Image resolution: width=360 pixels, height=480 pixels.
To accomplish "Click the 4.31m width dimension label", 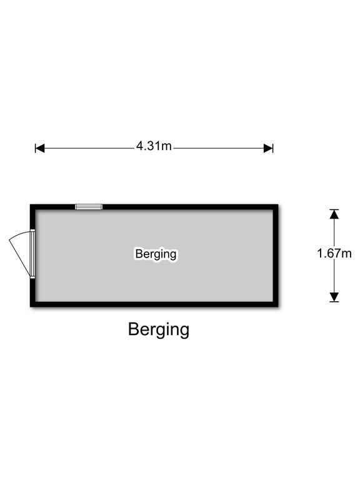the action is click(x=154, y=146).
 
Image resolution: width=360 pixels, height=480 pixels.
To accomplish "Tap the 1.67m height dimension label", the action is click(x=334, y=254).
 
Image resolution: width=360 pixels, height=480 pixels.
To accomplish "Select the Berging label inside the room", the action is click(x=156, y=254).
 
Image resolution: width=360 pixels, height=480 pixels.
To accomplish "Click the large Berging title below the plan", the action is click(x=159, y=330).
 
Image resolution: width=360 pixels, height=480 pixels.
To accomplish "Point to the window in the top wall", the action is click(x=89, y=207).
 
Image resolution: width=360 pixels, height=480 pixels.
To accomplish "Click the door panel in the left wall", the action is click(x=32, y=254).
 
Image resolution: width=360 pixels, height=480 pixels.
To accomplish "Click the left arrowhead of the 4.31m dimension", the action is click(x=40, y=149).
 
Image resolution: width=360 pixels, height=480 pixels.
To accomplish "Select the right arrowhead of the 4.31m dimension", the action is click(x=268, y=149).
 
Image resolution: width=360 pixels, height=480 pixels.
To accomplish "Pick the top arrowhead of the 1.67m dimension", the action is click(x=334, y=214).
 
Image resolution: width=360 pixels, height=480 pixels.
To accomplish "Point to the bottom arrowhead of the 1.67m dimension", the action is click(x=334, y=297).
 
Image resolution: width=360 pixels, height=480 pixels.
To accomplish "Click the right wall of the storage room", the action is click(x=276, y=256).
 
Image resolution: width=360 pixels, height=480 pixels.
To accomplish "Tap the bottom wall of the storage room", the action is click(x=154, y=304).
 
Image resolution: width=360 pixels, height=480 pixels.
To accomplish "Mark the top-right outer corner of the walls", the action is click(x=278, y=204).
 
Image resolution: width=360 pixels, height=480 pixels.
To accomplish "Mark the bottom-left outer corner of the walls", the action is click(x=30, y=307).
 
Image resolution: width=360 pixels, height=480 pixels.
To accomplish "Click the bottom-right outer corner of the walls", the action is click(x=278, y=307).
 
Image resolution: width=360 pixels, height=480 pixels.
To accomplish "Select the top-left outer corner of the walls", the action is click(x=30, y=204).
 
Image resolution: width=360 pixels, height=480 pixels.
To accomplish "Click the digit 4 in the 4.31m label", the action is click(x=140, y=146).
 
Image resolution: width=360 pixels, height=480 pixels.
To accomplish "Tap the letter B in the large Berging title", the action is click(x=134, y=329).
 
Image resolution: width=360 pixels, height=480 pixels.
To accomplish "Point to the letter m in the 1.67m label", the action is click(x=347, y=255).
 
